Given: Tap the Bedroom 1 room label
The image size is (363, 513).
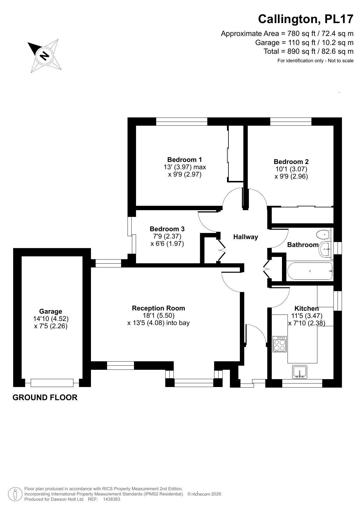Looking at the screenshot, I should coord(184,160).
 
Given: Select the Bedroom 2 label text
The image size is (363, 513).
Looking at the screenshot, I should coord(291,162).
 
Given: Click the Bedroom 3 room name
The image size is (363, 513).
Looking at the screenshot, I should coord(167,229).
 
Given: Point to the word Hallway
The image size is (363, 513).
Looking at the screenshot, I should coord(245,237).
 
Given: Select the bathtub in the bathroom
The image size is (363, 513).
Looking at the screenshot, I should coord(310,271).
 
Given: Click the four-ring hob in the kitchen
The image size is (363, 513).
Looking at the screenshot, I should coord(279,344).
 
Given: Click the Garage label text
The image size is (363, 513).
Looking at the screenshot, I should coord(51,311).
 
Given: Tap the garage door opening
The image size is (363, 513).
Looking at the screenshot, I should coord(52,383).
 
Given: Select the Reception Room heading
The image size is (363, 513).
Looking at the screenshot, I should coord(158,308).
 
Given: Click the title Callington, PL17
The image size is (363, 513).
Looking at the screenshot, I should coord(305,19).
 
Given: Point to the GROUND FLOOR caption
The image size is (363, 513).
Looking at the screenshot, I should coord(45,398).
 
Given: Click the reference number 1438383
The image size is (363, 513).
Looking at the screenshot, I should coord(111,499).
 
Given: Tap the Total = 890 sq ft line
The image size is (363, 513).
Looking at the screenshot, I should coord(308,51).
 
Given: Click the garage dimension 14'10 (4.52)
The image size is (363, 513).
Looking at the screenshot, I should coord(51,319).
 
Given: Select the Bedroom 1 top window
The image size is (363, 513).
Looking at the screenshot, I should coord(181,121).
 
